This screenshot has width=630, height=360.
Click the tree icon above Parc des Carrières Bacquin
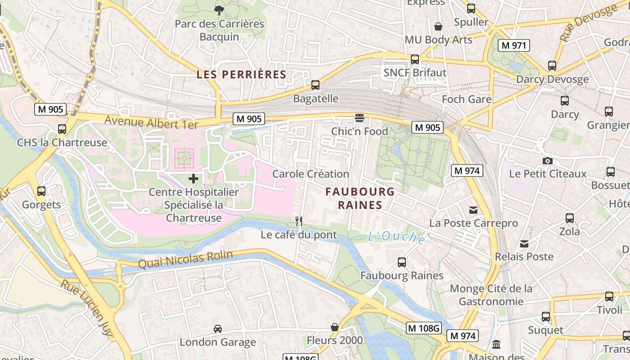tap(219, 10)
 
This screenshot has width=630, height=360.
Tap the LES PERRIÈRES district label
tap(242, 75)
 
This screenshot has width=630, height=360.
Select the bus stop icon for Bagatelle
tap(315, 85)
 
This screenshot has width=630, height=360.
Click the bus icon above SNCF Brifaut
tap(415, 59)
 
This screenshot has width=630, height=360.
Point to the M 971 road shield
tap(514, 45)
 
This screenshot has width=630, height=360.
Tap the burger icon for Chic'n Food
tap(359, 118)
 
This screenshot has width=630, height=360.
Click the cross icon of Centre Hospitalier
tap(193, 179)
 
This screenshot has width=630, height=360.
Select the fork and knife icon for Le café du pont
tap(298, 221)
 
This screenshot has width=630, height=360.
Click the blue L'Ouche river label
tap(396, 237)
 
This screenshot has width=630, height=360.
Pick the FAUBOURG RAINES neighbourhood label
tap(360, 198)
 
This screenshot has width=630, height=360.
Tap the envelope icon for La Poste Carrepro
tap(473, 210)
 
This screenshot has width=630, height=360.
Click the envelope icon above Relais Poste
tap(524, 244)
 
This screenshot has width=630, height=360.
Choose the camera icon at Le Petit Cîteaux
tap(548, 161)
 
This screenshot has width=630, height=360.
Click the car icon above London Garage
tap(218, 329)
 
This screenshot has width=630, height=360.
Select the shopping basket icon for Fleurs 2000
tap(334, 327)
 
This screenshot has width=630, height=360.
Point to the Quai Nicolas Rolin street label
tap(185, 260)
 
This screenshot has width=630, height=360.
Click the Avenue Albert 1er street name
tap(151, 122)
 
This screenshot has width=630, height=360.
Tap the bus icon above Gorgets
tap(41, 191)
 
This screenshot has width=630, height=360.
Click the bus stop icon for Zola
tap(570, 218)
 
